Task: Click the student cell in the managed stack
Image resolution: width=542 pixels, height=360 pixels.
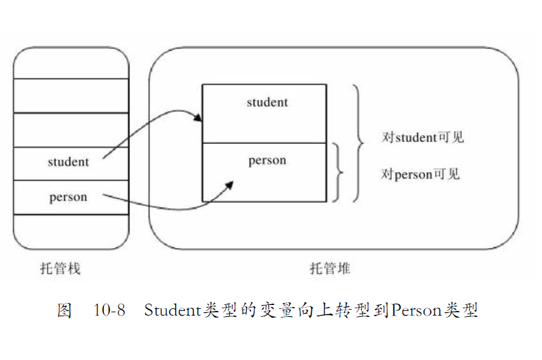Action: coord(69,162)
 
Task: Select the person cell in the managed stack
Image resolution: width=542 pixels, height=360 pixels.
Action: coord(69,197)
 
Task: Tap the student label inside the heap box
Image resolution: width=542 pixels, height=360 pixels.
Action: coord(267,102)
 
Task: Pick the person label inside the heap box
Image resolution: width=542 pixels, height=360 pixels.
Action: coord(267,160)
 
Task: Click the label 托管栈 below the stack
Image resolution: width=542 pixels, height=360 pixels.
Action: coord(60,269)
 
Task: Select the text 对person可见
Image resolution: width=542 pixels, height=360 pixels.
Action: coord(420,174)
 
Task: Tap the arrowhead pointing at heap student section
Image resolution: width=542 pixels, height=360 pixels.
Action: coord(198,119)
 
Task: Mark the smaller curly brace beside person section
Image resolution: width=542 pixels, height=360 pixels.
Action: coord(339,172)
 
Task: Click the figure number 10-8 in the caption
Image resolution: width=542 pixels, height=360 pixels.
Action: coord(109,310)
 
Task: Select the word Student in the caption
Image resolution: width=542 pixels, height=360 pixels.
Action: coord(170,310)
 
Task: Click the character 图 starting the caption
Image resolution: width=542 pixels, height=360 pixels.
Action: coord(64,310)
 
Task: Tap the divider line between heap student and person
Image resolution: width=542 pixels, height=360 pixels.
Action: coord(264,143)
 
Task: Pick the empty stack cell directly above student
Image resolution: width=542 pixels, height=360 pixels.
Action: coord(71,130)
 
